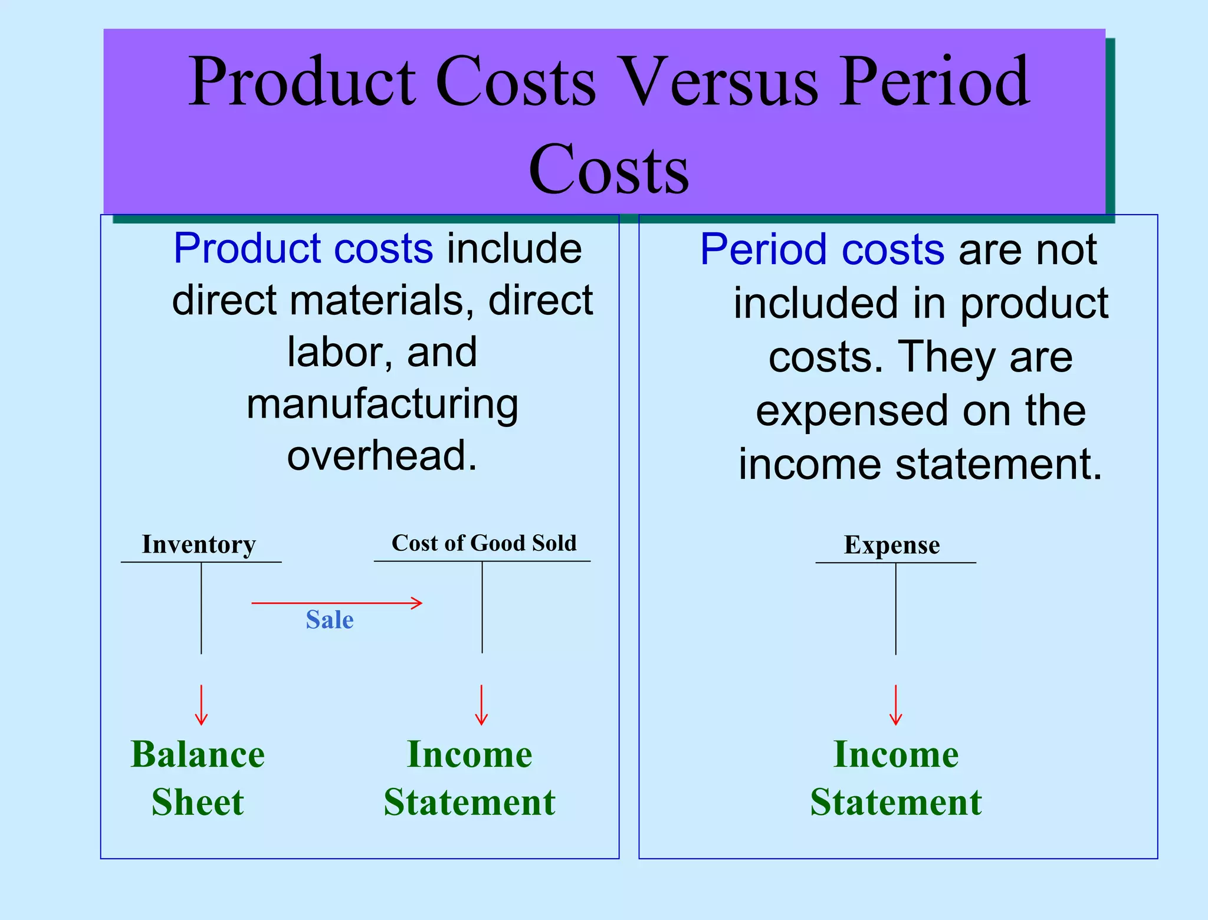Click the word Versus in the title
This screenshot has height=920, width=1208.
[720, 83]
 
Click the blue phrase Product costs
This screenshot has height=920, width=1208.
[303, 249]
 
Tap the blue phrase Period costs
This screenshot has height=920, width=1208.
[822, 250]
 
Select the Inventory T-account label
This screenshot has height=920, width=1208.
[199, 544]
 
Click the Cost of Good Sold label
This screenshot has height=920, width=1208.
[484, 543]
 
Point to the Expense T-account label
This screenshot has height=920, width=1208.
[891, 545]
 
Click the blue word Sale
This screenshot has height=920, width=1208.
[330, 620]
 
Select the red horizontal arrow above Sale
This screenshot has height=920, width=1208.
[336, 603]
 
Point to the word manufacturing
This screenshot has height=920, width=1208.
[382, 405]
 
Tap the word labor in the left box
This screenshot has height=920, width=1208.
[333, 353]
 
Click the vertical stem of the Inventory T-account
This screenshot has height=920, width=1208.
[201, 607]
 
